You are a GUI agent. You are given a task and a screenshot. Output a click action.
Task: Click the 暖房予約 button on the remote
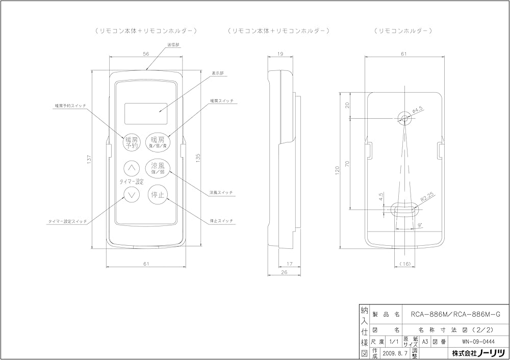pos(132,142)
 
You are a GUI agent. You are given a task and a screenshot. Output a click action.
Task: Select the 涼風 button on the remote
pos(158,168)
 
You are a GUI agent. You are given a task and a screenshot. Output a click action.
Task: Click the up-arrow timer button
pos(132,167)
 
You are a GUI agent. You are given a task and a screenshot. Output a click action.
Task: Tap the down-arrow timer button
pos(132,194)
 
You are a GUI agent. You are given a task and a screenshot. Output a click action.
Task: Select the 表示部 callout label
pos(218,72)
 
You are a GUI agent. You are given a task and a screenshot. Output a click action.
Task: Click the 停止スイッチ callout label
pos(221,220)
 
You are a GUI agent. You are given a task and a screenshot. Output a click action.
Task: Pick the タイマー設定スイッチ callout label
pos(67,222)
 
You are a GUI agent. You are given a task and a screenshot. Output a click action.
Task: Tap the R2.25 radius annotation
pos(427,197)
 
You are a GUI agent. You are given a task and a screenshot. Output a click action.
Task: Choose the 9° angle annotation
pos(419,224)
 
